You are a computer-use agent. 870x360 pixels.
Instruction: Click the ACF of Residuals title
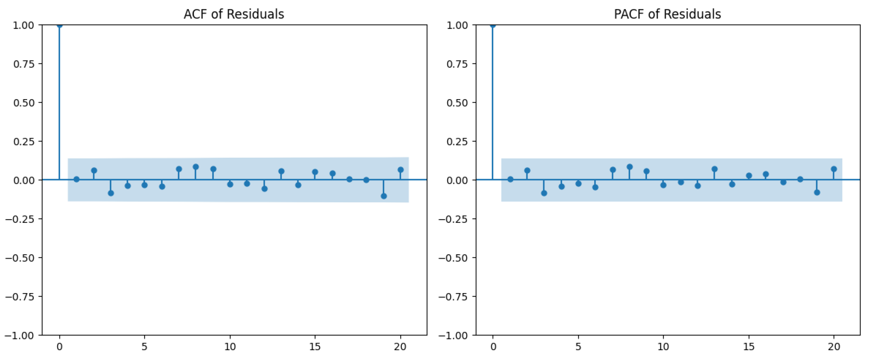(x=234, y=14)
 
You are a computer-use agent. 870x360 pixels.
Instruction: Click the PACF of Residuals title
(x=667, y=14)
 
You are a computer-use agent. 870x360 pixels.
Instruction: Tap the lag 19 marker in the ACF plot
(x=384, y=196)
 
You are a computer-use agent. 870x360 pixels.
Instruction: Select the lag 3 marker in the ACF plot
(x=111, y=193)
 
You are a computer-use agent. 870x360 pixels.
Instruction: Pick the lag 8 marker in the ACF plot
(x=195, y=167)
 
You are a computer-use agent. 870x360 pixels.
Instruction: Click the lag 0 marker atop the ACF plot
(x=59, y=25)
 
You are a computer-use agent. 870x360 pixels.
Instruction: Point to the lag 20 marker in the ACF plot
(x=400, y=170)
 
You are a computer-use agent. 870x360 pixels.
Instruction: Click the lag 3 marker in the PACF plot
(x=544, y=193)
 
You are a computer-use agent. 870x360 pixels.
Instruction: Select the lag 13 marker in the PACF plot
(x=715, y=169)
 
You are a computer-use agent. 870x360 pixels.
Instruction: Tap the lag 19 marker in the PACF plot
(x=817, y=192)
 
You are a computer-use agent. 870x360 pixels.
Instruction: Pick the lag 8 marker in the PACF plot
(x=630, y=167)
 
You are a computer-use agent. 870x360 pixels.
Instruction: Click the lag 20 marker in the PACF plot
(x=834, y=169)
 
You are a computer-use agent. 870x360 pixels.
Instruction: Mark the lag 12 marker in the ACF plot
(x=264, y=189)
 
